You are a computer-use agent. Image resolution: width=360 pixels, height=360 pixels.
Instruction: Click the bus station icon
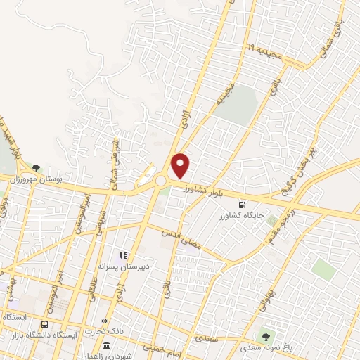coord(45,325)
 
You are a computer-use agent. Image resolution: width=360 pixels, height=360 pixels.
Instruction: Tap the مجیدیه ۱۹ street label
coord(261,50)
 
